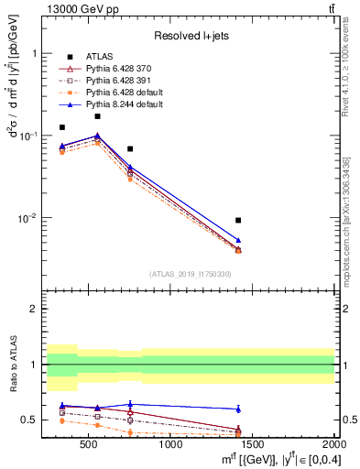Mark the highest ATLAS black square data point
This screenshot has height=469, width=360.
pos(97,116)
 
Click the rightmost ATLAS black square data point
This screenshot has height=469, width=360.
pos(238,220)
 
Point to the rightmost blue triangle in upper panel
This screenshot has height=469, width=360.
pos(238,240)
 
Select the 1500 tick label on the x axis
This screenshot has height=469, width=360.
pos(254,446)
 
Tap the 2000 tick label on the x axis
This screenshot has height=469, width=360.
pos(335,446)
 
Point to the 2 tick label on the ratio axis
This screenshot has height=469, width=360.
pos(36,309)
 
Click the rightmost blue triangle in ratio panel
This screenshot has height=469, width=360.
pos(238,409)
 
